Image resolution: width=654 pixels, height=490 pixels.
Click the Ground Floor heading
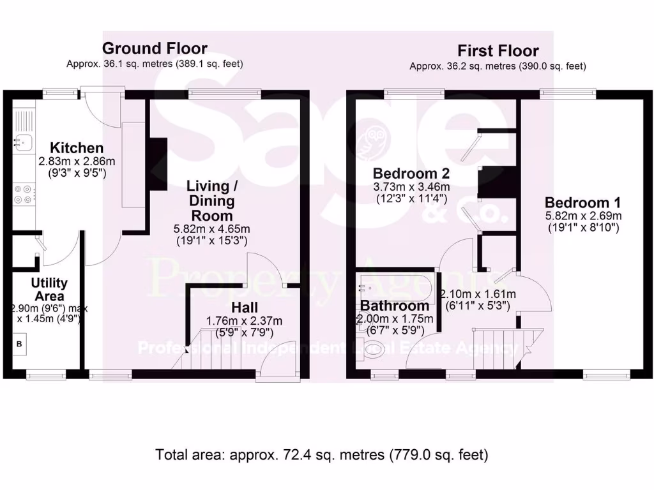point(155,48)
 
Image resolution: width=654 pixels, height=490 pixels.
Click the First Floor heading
point(498,51)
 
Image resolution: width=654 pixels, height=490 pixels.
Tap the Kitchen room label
point(77,149)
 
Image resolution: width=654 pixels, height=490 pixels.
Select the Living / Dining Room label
point(208,201)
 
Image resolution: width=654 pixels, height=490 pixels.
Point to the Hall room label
point(245,308)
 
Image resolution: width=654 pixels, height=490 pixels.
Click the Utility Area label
point(49,290)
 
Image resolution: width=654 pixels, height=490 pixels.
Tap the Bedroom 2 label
point(411,173)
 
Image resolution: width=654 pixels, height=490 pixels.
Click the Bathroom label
point(395,306)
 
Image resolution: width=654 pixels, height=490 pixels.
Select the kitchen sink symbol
point(22,142)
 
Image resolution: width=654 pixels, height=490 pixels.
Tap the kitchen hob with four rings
point(22,193)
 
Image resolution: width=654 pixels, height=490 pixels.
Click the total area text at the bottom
point(322,455)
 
